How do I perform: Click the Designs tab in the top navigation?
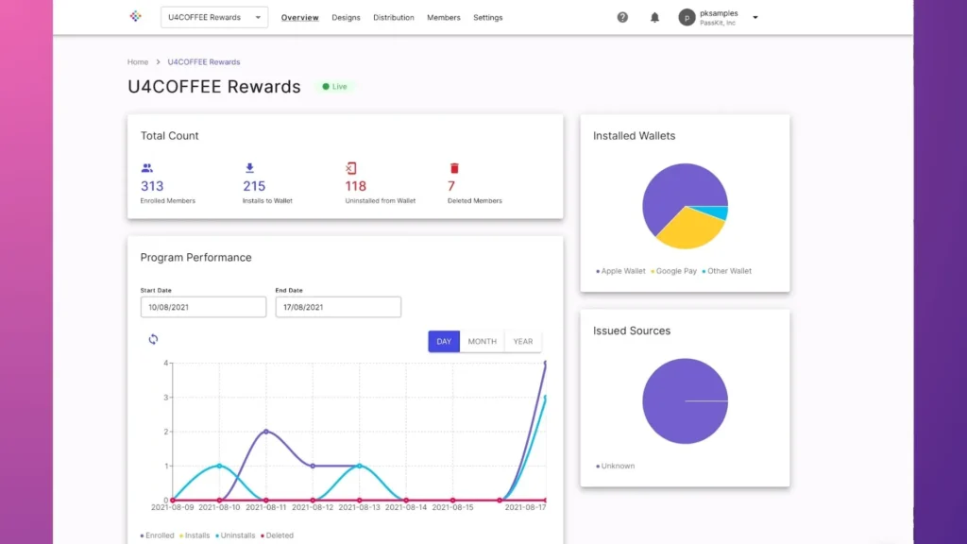(x=346, y=18)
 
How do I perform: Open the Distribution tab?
(x=393, y=18)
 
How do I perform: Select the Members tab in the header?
(x=443, y=18)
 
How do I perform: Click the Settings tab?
(x=487, y=18)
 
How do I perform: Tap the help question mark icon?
(x=622, y=17)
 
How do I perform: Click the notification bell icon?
(x=654, y=17)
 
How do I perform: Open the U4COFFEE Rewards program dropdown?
(x=214, y=17)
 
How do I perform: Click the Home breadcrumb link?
(x=138, y=62)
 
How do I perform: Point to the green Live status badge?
(x=335, y=87)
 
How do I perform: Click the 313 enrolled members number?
(x=152, y=186)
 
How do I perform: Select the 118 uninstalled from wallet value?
(x=356, y=186)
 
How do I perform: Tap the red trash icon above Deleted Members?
(x=453, y=168)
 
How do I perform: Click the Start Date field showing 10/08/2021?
(x=203, y=307)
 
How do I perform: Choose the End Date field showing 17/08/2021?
(x=338, y=307)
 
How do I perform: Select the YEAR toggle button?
(x=522, y=341)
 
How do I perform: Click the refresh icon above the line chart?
(x=153, y=339)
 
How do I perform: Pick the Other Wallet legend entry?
(x=728, y=271)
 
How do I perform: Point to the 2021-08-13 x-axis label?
(x=359, y=507)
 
